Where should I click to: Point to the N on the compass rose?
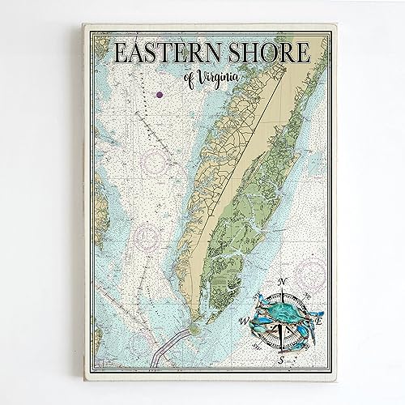pyautogui.click(x=281, y=282)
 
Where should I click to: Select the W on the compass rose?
pyautogui.click(x=244, y=320)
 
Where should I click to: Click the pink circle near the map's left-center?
pyautogui.click(x=148, y=237)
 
